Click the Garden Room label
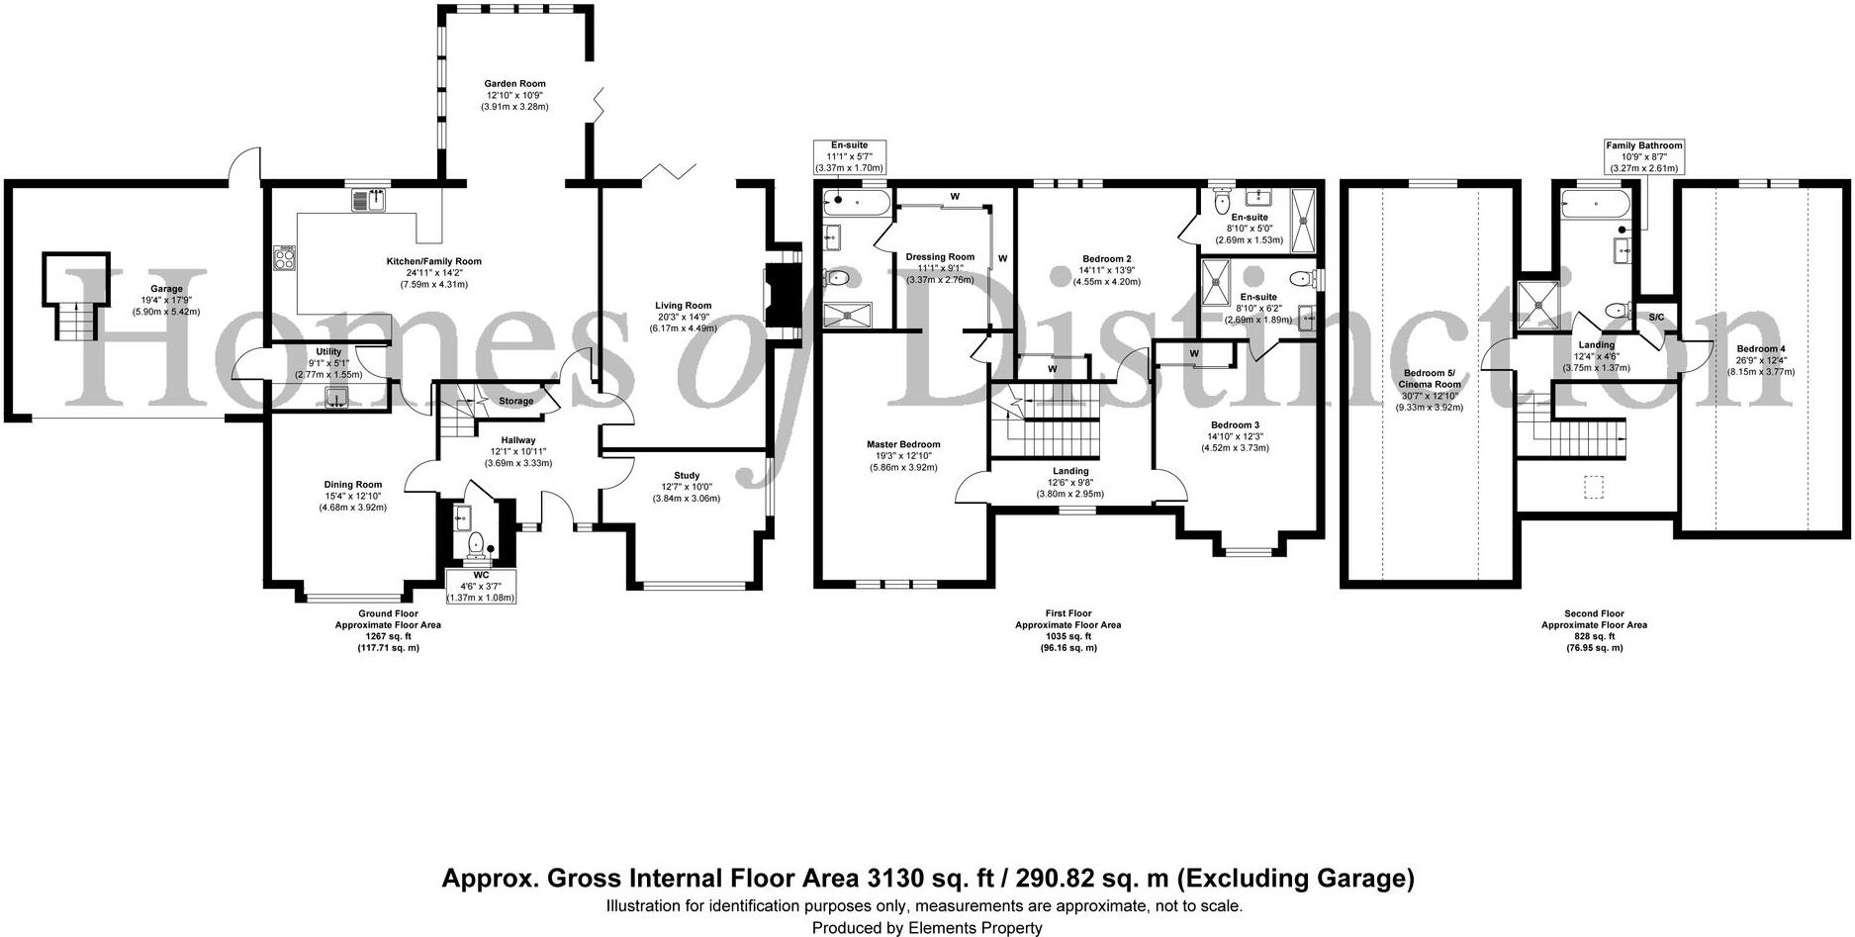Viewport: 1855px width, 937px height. click(514, 84)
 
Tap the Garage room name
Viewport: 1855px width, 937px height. click(166, 289)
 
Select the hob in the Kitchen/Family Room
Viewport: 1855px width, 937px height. click(284, 258)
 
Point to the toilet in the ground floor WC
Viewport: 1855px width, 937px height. click(476, 541)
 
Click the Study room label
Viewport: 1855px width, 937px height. click(687, 476)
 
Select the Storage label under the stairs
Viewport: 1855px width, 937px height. click(515, 401)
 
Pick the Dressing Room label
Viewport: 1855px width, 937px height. click(940, 257)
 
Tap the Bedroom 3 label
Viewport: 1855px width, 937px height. click(1236, 424)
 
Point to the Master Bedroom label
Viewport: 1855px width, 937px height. click(903, 444)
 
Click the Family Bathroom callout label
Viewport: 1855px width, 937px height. click(1643, 145)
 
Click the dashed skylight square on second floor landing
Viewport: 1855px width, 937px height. click(1593, 488)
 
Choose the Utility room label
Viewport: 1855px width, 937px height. click(328, 351)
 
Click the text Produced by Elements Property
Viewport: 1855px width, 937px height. click(927, 927)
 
